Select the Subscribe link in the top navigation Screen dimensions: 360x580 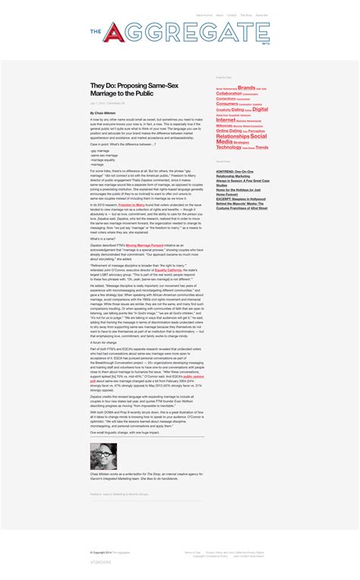pyautogui.click(x=262, y=15)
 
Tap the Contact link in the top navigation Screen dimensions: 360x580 pyautogui.click(x=232, y=15)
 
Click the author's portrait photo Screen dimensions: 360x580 pyautogui.click(x=103, y=456)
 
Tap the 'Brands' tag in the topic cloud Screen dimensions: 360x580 pyautogui.click(x=246, y=87)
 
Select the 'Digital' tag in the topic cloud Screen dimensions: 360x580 pyautogui.click(x=261, y=109)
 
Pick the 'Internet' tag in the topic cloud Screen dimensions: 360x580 pyautogui.click(x=226, y=120)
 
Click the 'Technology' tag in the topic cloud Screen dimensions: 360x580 pyautogui.click(x=229, y=147)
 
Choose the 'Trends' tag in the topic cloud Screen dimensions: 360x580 pyautogui.click(x=262, y=147)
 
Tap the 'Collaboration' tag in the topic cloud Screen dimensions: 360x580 pyautogui.click(x=229, y=93)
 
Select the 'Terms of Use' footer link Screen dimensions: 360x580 pyautogui.click(x=193, y=552)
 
